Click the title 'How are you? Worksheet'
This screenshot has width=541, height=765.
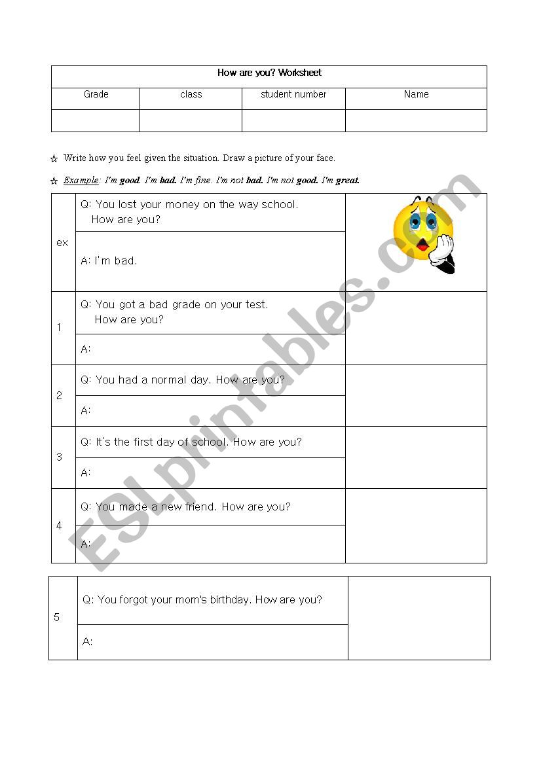[x=269, y=73]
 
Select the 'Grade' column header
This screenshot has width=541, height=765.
[x=96, y=94]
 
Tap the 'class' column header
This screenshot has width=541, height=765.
[x=191, y=94]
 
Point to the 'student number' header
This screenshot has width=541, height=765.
[x=293, y=94]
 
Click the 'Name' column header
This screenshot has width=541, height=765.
[x=416, y=94]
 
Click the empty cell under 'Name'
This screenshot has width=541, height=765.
[x=416, y=120]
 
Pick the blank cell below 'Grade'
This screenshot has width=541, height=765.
[x=96, y=120]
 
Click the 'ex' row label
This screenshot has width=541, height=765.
[x=62, y=243]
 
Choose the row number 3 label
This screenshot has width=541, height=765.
[x=60, y=457]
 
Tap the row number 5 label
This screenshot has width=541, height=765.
[x=57, y=617]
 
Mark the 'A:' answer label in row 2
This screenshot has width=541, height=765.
[x=86, y=410]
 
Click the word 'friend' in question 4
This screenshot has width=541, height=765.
[x=200, y=507]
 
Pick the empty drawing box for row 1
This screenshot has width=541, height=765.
[x=416, y=327]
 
